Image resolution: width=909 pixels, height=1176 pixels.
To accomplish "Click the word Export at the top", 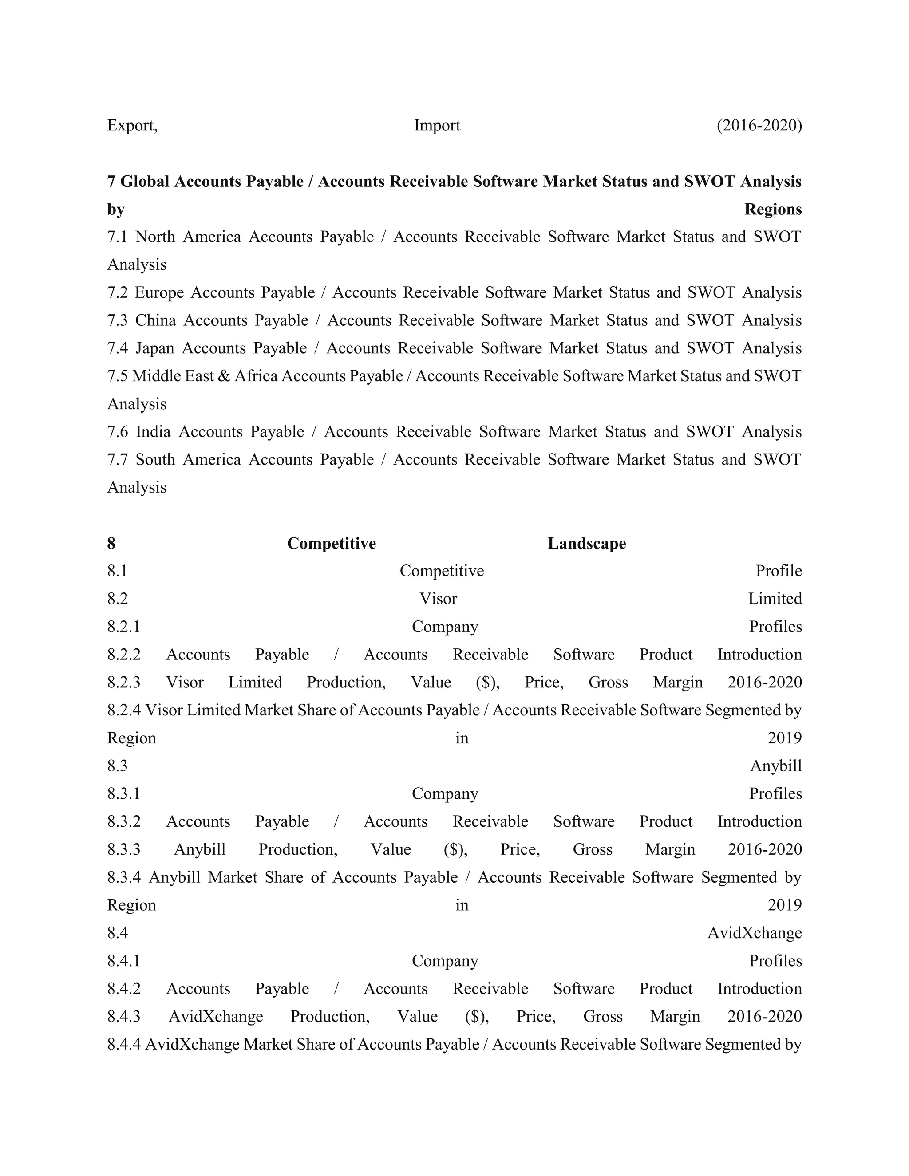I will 131,126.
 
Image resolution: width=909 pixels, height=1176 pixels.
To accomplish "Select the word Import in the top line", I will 437,126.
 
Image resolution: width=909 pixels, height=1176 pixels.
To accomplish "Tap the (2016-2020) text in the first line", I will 759,126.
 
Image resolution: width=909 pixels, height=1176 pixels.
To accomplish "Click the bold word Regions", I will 773,209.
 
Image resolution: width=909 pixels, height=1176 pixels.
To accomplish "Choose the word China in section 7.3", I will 155,320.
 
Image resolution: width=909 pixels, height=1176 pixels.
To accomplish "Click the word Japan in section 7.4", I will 154,348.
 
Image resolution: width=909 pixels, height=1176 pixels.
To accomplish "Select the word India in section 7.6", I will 153,432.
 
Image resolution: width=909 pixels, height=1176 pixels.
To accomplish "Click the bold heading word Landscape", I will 586,543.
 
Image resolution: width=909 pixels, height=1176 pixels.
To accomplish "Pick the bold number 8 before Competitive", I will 111,543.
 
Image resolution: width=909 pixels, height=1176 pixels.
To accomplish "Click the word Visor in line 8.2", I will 438,599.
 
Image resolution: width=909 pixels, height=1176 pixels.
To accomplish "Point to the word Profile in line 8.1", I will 778,571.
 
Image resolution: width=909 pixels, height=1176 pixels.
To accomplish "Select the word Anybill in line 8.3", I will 775,766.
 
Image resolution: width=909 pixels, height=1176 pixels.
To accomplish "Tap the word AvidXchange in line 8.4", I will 754,933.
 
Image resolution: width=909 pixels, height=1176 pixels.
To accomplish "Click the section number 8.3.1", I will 123,794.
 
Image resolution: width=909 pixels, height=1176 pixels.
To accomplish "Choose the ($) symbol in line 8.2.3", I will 487,682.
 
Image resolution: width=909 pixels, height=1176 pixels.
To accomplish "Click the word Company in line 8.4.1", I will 445,961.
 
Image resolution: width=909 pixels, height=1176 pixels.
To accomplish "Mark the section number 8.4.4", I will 124,1044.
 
